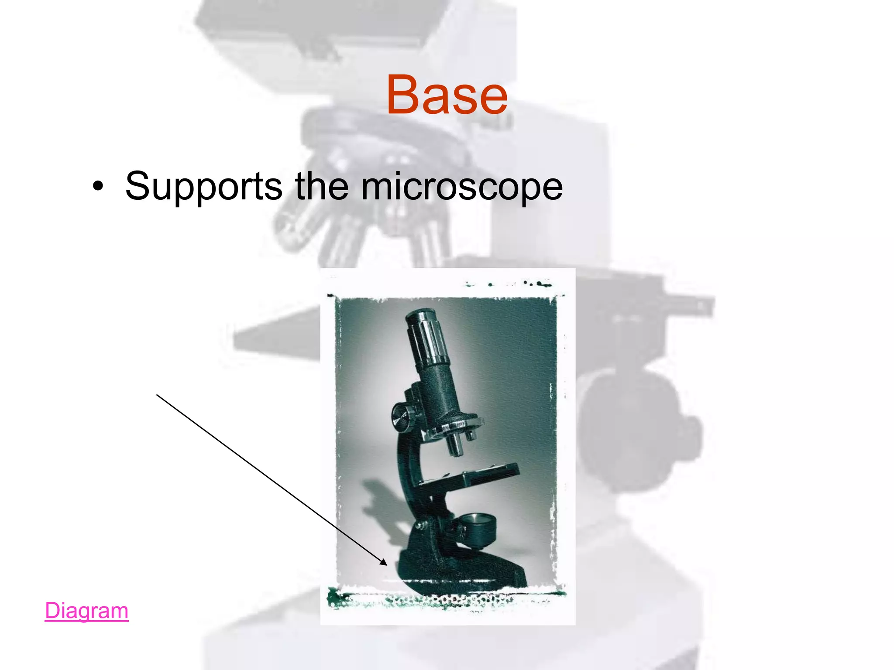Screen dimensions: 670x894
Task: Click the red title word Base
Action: [447, 95]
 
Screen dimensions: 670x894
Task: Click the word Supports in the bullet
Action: [203, 187]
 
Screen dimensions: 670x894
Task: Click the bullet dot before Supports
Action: [98, 186]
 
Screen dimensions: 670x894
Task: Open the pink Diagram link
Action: [86, 610]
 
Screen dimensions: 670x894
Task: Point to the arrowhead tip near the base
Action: [387, 565]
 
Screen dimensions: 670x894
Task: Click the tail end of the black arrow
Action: [157, 395]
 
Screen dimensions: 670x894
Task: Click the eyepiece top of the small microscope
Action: [418, 315]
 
